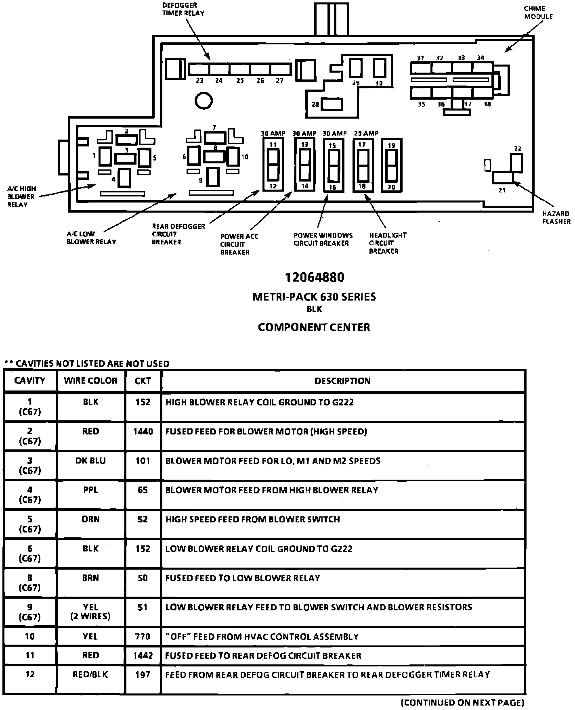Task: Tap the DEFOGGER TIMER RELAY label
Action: (x=183, y=9)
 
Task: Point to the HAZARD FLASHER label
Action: (x=556, y=217)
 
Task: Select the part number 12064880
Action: (x=315, y=278)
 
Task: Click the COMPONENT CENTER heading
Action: (x=314, y=327)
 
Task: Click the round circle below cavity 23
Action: (x=204, y=100)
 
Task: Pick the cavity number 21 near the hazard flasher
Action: (x=502, y=190)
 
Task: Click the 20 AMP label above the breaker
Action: (x=366, y=134)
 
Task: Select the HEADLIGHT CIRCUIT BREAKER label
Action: (x=387, y=243)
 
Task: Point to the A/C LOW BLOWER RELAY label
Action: (x=91, y=238)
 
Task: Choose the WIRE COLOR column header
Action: (x=90, y=381)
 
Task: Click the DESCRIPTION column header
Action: (x=342, y=381)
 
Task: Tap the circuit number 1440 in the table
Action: (x=143, y=432)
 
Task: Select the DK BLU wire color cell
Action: (x=90, y=461)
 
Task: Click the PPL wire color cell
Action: (x=90, y=490)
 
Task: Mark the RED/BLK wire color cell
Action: (x=90, y=674)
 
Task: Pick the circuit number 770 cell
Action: (x=143, y=637)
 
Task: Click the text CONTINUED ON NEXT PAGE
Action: (x=463, y=702)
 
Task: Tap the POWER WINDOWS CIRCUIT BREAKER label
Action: (x=323, y=239)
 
